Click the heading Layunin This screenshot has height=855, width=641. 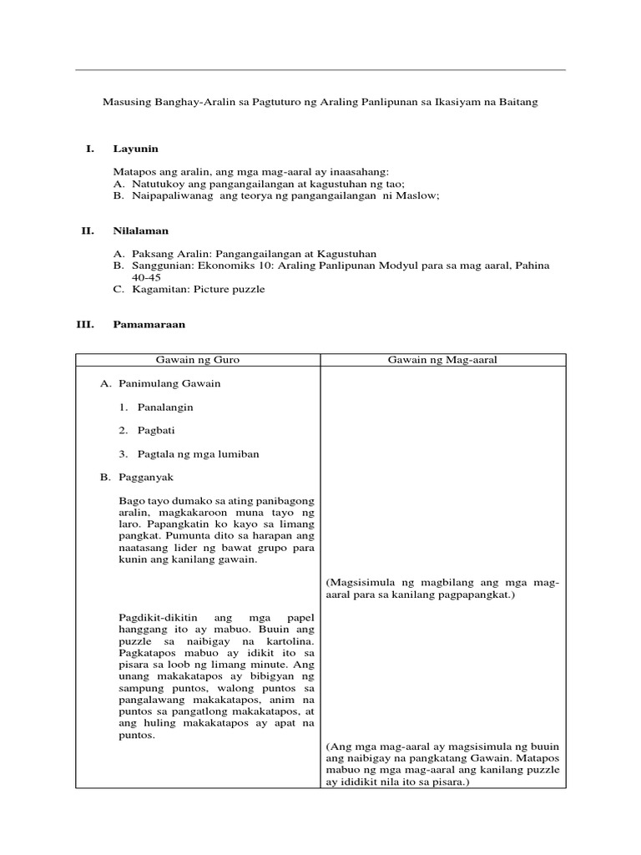[x=135, y=149]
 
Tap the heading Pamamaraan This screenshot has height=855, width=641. [x=149, y=324]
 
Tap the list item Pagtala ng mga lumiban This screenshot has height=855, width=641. [x=198, y=453]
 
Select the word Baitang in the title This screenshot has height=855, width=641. [x=518, y=102]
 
